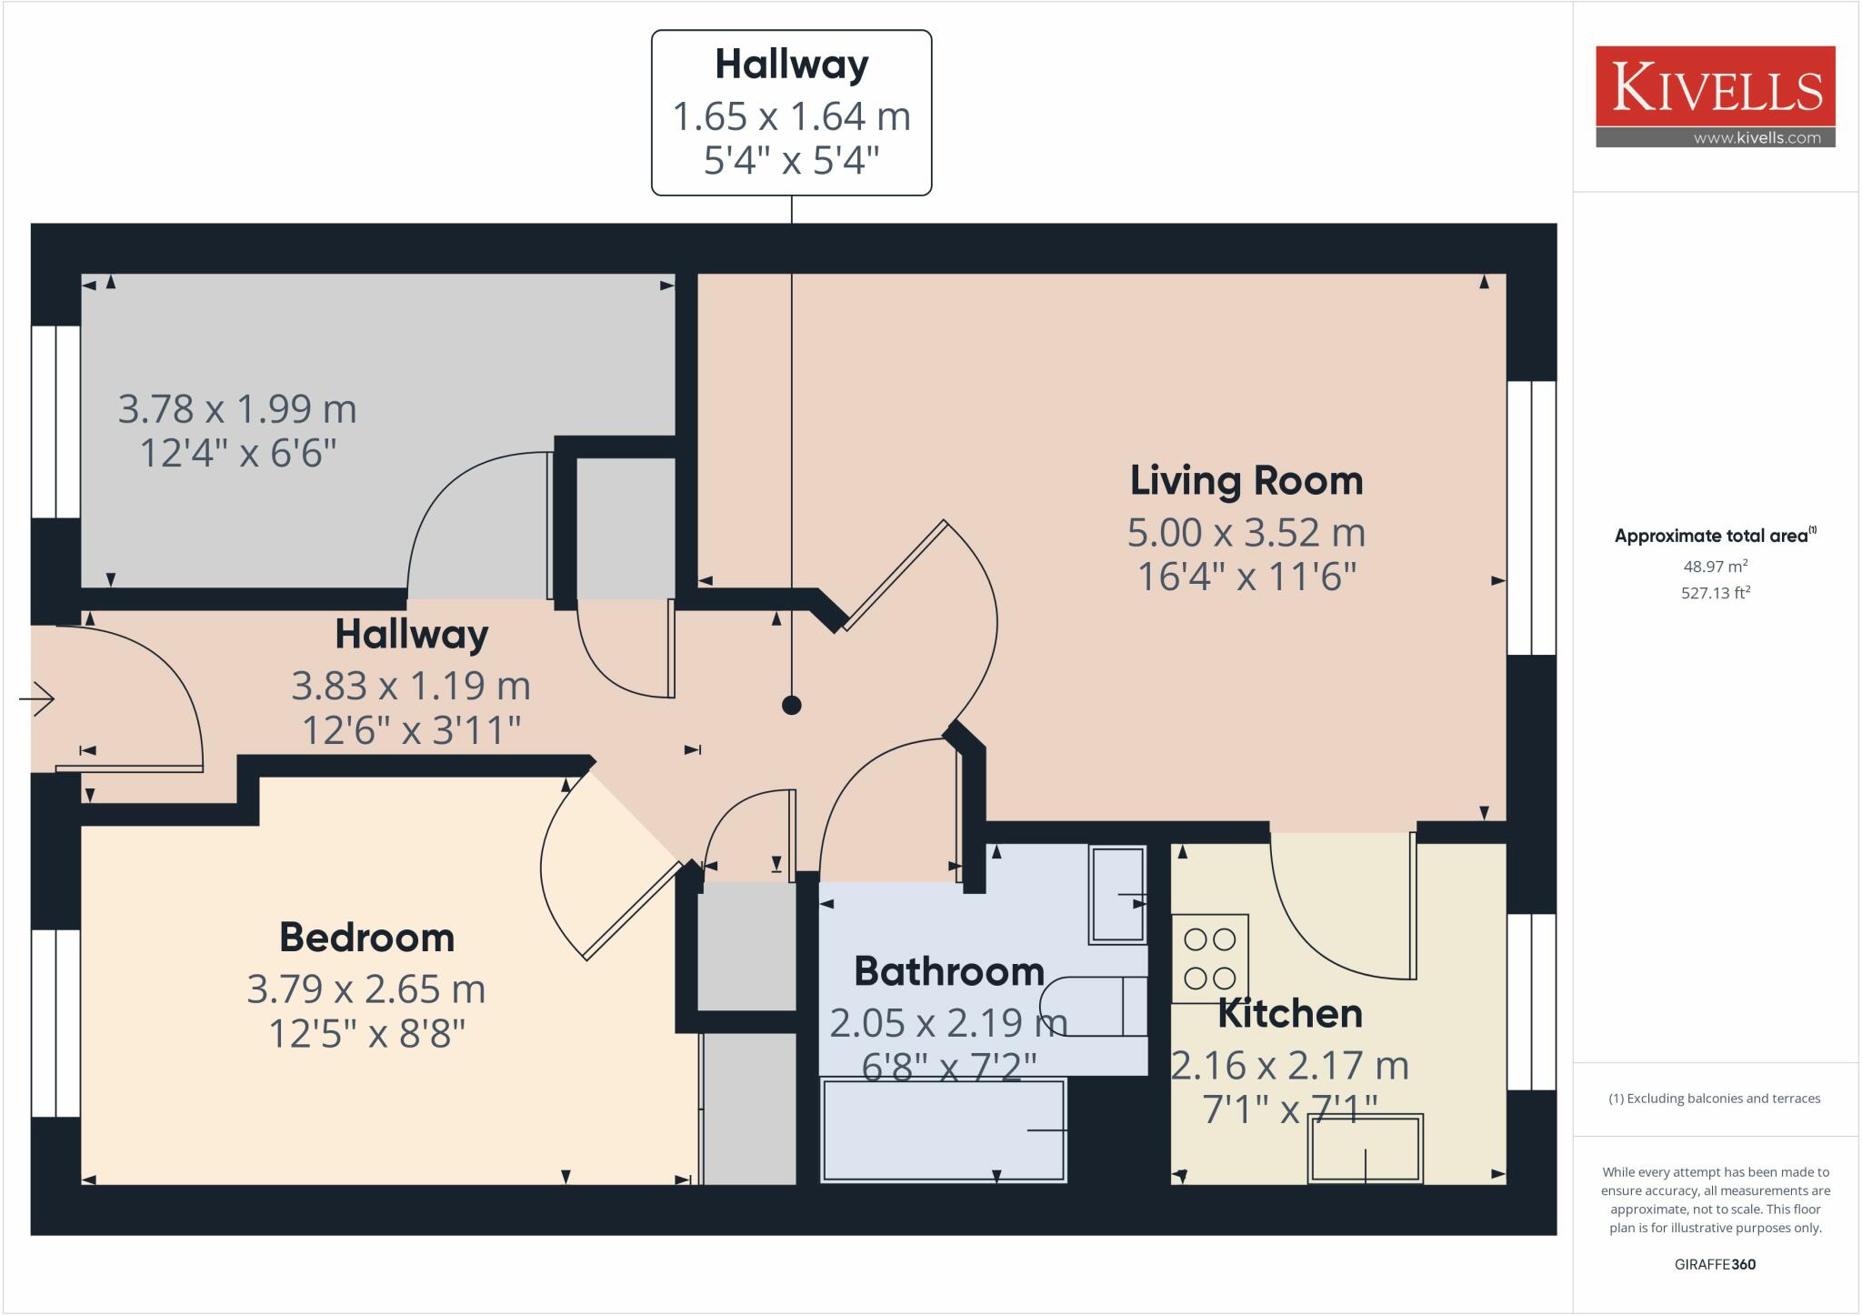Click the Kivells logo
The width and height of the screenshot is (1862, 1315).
(1716, 96)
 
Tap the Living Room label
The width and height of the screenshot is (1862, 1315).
(1246, 481)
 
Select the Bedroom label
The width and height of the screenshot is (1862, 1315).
(366, 938)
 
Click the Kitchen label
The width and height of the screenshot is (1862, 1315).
(1290, 1013)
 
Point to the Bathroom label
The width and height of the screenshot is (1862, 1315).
(949, 971)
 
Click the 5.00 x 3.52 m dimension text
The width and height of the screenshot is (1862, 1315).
(1246, 533)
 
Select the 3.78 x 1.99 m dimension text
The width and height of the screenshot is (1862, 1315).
(237, 409)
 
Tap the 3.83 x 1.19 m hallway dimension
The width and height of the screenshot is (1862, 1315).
(411, 686)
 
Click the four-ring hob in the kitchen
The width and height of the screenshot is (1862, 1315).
(1210, 959)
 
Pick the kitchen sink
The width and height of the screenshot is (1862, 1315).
(1366, 1149)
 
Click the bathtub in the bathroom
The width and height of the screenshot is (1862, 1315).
(944, 1130)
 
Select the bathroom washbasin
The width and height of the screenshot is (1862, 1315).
(1117, 895)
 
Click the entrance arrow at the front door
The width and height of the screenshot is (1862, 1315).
(37, 698)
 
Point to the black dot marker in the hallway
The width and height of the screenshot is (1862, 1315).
(792, 705)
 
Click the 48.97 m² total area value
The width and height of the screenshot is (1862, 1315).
(1716, 566)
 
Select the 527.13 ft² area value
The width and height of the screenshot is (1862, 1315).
(1716, 593)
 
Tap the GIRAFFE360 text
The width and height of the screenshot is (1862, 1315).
(1716, 1264)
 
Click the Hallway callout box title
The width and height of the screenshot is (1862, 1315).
(792, 65)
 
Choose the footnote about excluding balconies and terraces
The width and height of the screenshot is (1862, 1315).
(1715, 1099)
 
